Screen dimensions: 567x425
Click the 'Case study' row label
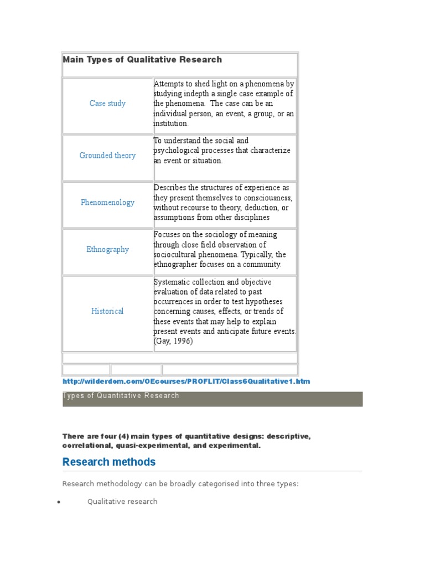(x=107, y=104)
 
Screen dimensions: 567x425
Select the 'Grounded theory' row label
(x=107, y=156)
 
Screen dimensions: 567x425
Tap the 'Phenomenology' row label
(x=107, y=203)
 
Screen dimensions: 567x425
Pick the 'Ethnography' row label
(x=107, y=250)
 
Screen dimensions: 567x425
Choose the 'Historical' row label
(x=107, y=311)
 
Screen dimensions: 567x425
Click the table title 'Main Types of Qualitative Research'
(x=142, y=60)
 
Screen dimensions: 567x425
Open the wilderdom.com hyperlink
(x=186, y=382)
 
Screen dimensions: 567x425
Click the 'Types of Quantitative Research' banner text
(x=121, y=396)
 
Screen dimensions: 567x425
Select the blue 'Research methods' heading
(x=109, y=462)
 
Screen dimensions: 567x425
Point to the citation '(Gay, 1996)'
(x=173, y=342)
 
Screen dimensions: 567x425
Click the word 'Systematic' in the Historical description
(x=173, y=282)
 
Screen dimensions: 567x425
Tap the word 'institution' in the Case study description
(x=171, y=124)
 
